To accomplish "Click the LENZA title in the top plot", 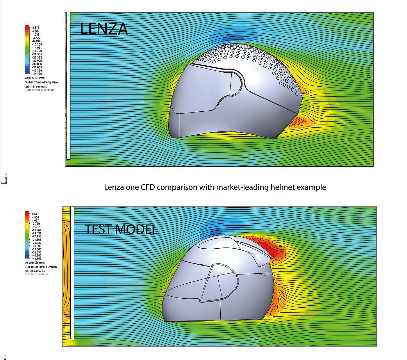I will click(x=104, y=29).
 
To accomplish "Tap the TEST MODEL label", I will click(x=121, y=229).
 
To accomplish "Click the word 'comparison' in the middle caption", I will click(x=177, y=187).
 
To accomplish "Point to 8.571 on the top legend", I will click(x=35, y=28).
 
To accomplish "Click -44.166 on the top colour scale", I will click(x=37, y=74).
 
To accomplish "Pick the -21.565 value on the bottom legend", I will click(x=37, y=240).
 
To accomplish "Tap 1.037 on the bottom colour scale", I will click(x=35, y=221).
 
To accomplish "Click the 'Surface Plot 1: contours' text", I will click(x=40, y=90).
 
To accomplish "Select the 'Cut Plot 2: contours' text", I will click(x=37, y=274).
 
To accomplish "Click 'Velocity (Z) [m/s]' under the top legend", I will click(x=35, y=78).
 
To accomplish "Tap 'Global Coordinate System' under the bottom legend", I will click(x=41, y=267).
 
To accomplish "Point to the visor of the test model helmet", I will click(x=219, y=282).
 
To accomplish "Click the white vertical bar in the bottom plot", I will click(x=72, y=273).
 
